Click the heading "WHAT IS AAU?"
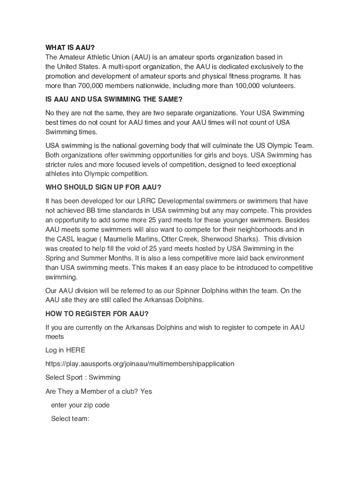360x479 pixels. coord(70,48)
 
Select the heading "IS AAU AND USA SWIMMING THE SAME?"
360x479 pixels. coord(114,99)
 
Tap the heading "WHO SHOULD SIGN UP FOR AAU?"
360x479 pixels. coord(103,187)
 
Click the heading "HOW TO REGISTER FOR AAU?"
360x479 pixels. coord(97,313)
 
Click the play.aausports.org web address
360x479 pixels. coord(140,363)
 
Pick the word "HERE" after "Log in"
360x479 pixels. coord(76,350)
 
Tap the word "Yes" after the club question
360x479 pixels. coord(146,391)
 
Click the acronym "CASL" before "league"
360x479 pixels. coord(65,239)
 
